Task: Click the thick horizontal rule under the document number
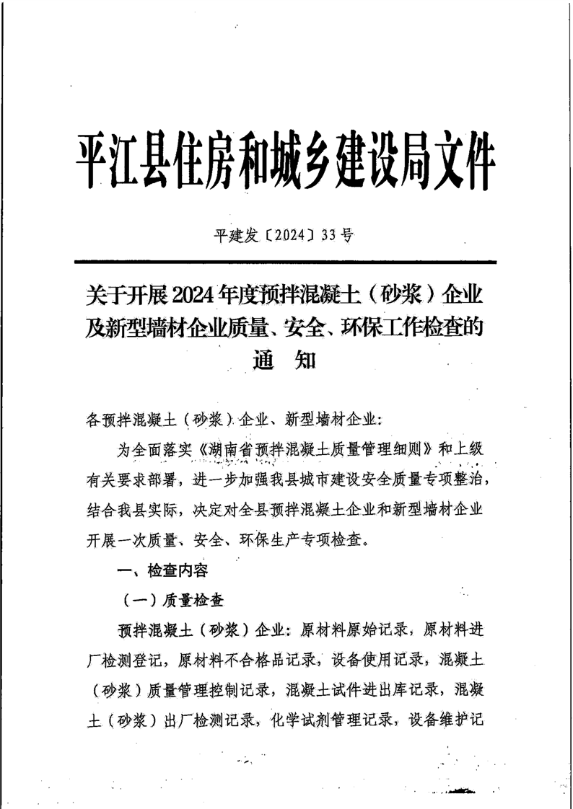[x=286, y=262]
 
